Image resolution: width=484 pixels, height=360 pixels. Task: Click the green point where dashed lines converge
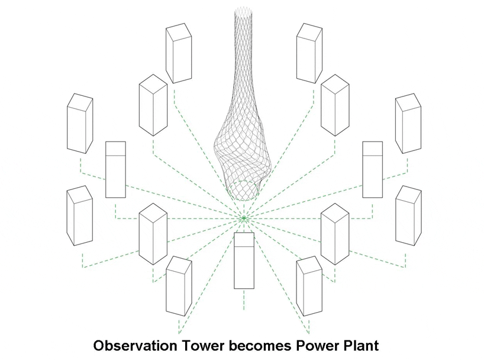tap(242, 218)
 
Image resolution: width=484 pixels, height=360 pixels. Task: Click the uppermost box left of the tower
tap(178, 53)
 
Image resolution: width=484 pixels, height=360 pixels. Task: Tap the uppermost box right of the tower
tap(309, 53)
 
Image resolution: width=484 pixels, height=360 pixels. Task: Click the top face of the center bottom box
tap(244, 238)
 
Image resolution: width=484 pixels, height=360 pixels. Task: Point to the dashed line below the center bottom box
tap(244, 300)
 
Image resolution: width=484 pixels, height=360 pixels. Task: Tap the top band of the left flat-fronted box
tap(115, 148)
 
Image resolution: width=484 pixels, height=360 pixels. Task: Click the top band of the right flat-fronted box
tap(372, 148)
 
